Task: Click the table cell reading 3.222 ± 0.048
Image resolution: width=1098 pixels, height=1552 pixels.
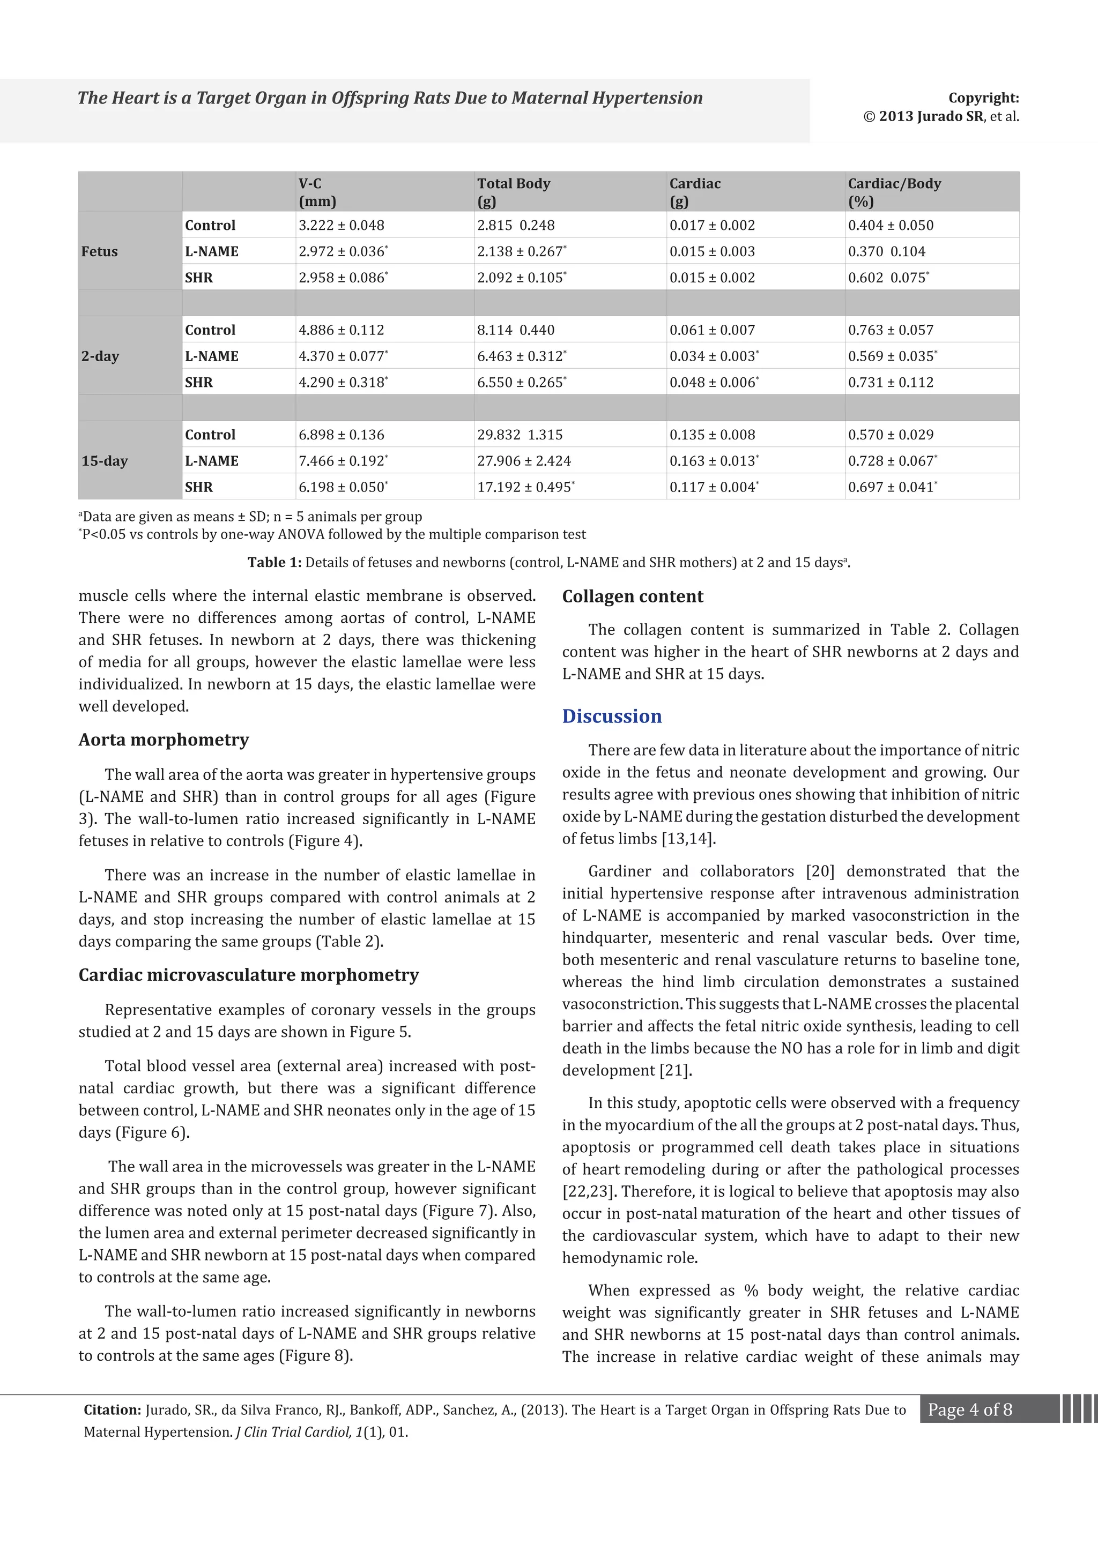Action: tap(342, 225)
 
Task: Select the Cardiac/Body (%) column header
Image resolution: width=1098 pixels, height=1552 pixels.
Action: tap(894, 192)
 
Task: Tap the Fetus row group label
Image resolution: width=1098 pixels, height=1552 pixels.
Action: tap(99, 251)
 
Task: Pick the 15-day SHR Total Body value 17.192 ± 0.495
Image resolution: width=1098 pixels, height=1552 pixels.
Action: tap(525, 487)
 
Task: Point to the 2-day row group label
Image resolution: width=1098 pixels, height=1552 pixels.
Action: tap(100, 356)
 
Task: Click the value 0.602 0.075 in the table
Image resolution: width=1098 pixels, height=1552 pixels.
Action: tap(888, 278)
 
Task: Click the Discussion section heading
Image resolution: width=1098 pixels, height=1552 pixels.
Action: tap(612, 717)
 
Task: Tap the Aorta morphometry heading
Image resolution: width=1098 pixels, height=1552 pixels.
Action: tap(164, 740)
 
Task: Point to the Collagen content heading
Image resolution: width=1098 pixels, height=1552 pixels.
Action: tap(633, 596)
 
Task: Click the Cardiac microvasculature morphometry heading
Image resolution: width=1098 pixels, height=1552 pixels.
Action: tap(248, 975)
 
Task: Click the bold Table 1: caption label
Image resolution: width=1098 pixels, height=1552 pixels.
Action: tap(274, 562)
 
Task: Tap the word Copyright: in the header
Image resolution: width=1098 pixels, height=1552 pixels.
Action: tap(983, 98)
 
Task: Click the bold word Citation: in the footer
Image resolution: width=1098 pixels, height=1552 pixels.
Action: tap(112, 1410)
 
